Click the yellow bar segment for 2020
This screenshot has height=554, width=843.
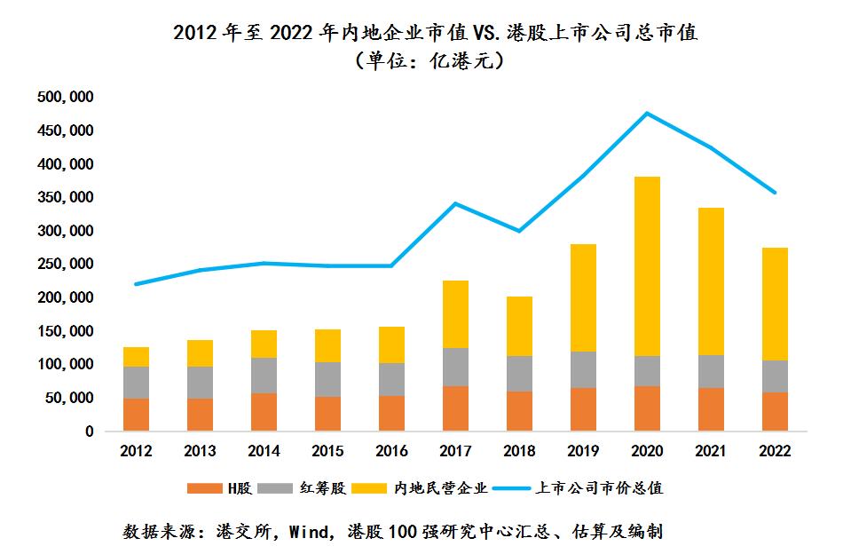pos(647,266)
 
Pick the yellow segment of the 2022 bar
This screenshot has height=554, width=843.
pos(775,304)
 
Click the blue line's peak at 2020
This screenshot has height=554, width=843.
pos(647,113)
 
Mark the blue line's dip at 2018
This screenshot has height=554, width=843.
pos(519,231)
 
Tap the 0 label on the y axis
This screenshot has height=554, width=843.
pos(90,431)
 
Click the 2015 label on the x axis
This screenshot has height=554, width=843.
pos(327,451)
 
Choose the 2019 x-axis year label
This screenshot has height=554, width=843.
pos(583,451)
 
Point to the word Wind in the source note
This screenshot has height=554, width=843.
pos(315,533)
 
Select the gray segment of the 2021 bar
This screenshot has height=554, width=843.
pos(710,371)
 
